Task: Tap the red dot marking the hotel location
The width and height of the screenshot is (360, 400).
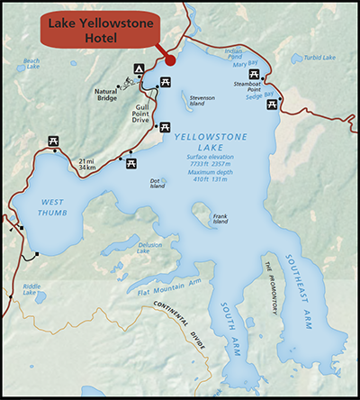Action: point(169,61)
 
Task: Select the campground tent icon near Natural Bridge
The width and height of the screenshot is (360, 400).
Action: point(139,68)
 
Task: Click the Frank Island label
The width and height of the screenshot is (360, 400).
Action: point(220,219)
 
